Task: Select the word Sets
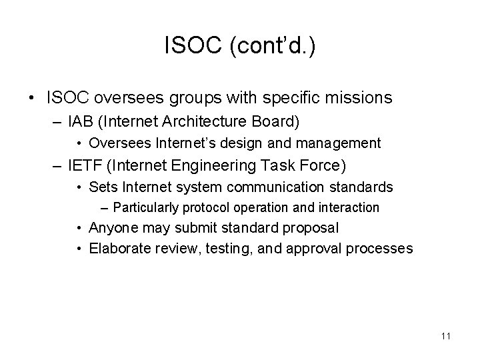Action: point(101,186)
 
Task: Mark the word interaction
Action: point(347,207)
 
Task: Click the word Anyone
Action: point(111,228)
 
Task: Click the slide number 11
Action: point(445,336)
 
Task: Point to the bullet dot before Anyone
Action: point(79,228)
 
